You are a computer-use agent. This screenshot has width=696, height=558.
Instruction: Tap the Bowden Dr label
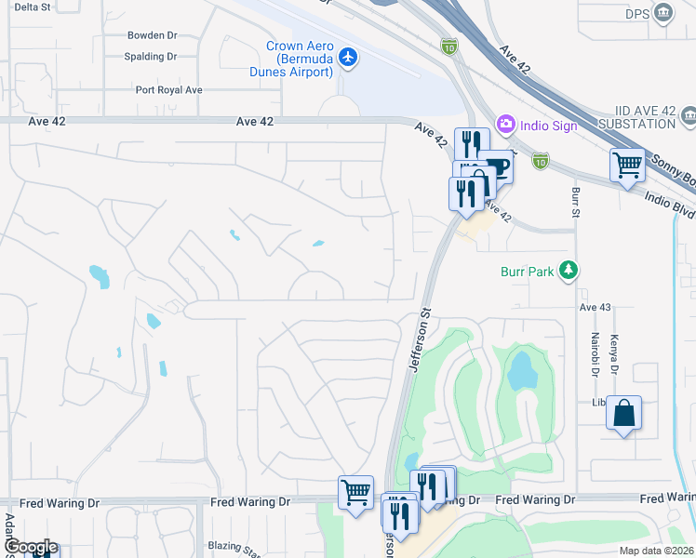click(152, 35)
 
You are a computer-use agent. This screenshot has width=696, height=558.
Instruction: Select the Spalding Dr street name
click(151, 57)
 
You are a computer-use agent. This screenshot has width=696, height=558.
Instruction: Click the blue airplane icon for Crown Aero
click(348, 58)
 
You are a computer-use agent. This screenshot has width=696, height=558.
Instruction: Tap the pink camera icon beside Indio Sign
click(506, 124)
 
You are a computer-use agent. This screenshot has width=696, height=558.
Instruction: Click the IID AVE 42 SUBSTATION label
click(636, 116)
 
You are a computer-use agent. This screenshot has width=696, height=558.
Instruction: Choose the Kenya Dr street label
click(613, 351)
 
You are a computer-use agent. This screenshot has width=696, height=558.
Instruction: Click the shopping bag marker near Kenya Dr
click(624, 413)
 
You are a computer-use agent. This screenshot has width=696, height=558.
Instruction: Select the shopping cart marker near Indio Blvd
click(628, 166)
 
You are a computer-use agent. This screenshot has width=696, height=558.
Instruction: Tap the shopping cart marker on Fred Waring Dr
click(355, 492)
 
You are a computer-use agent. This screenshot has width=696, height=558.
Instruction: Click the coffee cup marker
click(496, 167)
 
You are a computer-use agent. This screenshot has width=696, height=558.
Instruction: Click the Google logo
click(30, 547)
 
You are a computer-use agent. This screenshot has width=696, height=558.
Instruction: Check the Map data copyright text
click(656, 551)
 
